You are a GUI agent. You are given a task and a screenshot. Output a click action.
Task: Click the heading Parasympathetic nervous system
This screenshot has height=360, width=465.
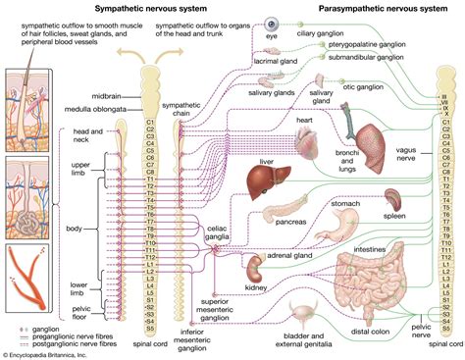[372, 8]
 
